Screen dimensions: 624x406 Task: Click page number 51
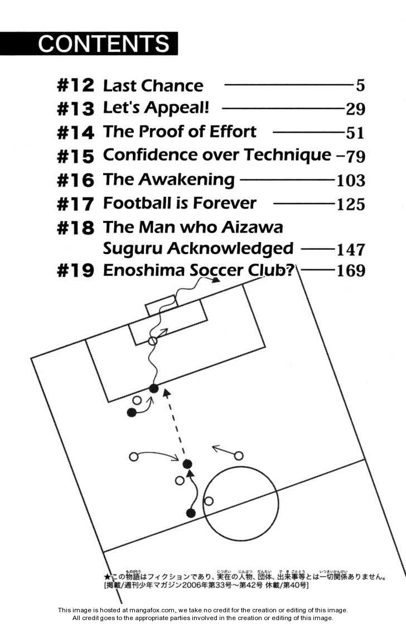[x=355, y=133]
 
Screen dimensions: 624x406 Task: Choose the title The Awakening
[x=168, y=180]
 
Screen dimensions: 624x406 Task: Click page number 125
[x=351, y=204]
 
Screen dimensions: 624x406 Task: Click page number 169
[x=351, y=271]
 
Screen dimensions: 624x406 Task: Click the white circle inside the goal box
[x=153, y=341]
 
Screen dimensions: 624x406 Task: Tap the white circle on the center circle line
[x=209, y=501]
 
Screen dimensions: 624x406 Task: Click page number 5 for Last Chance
[x=360, y=86]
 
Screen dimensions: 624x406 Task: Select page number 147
[x=351, y=249]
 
